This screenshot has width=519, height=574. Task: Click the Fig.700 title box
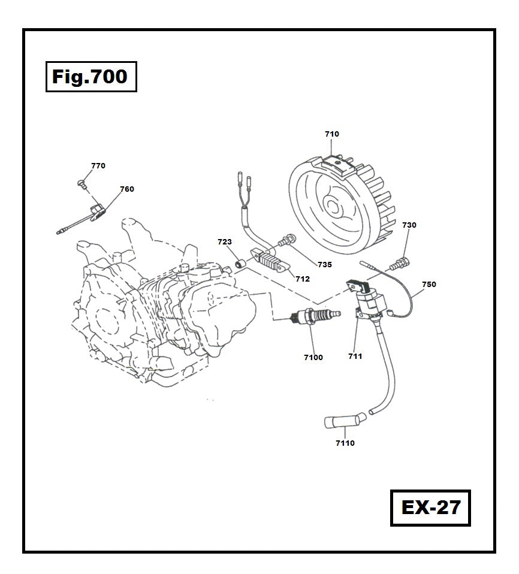click(x=90, y=77)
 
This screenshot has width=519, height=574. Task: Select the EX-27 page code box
click(x=430, y=507)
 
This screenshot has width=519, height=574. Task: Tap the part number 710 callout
click(x=331, y=134)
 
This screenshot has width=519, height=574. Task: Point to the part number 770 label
click(x=98, y=166)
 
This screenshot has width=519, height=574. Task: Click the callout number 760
click(x=127, y=189)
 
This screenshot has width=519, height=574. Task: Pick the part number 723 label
click(x=224, y=242)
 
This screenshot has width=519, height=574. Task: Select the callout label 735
click(x=325, y=264)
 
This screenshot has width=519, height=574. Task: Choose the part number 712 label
click(x=303, y=279)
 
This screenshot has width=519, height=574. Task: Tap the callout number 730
click(x=409, y=225)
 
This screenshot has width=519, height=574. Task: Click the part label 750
click(x=429, y=285)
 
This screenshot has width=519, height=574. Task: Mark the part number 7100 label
click(x=313, y=358)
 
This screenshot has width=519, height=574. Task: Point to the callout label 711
click(x=355, y=357)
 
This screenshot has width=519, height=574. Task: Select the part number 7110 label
click(x=345, y=443)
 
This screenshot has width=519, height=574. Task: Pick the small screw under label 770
click(x=82, y=182)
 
